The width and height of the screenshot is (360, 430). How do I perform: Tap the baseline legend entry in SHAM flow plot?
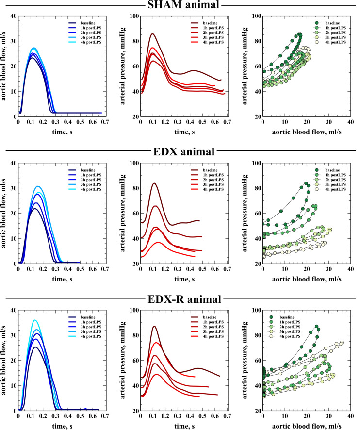[x=87, y=23]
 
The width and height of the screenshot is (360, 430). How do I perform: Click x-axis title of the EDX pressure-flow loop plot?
[x=306, y=280]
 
